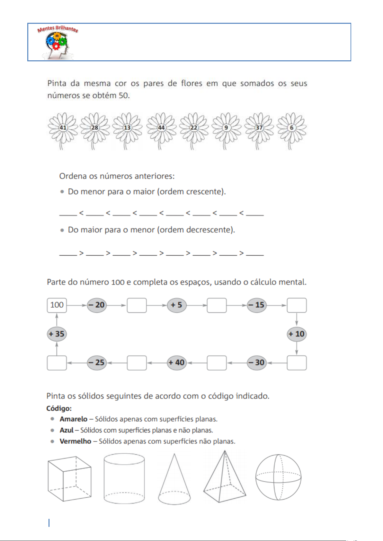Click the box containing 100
point(57,305)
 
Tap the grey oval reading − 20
point(97,305)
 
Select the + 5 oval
point(177,305)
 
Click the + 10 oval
point(297,334)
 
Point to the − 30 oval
point(257,363)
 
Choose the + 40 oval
point(177,363)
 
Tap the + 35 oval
point(57,334)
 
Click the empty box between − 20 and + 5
point(137,305)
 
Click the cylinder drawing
point(124,478)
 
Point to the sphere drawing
point(278,477)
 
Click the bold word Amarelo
point(74,419)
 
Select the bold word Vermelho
point(76,441)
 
